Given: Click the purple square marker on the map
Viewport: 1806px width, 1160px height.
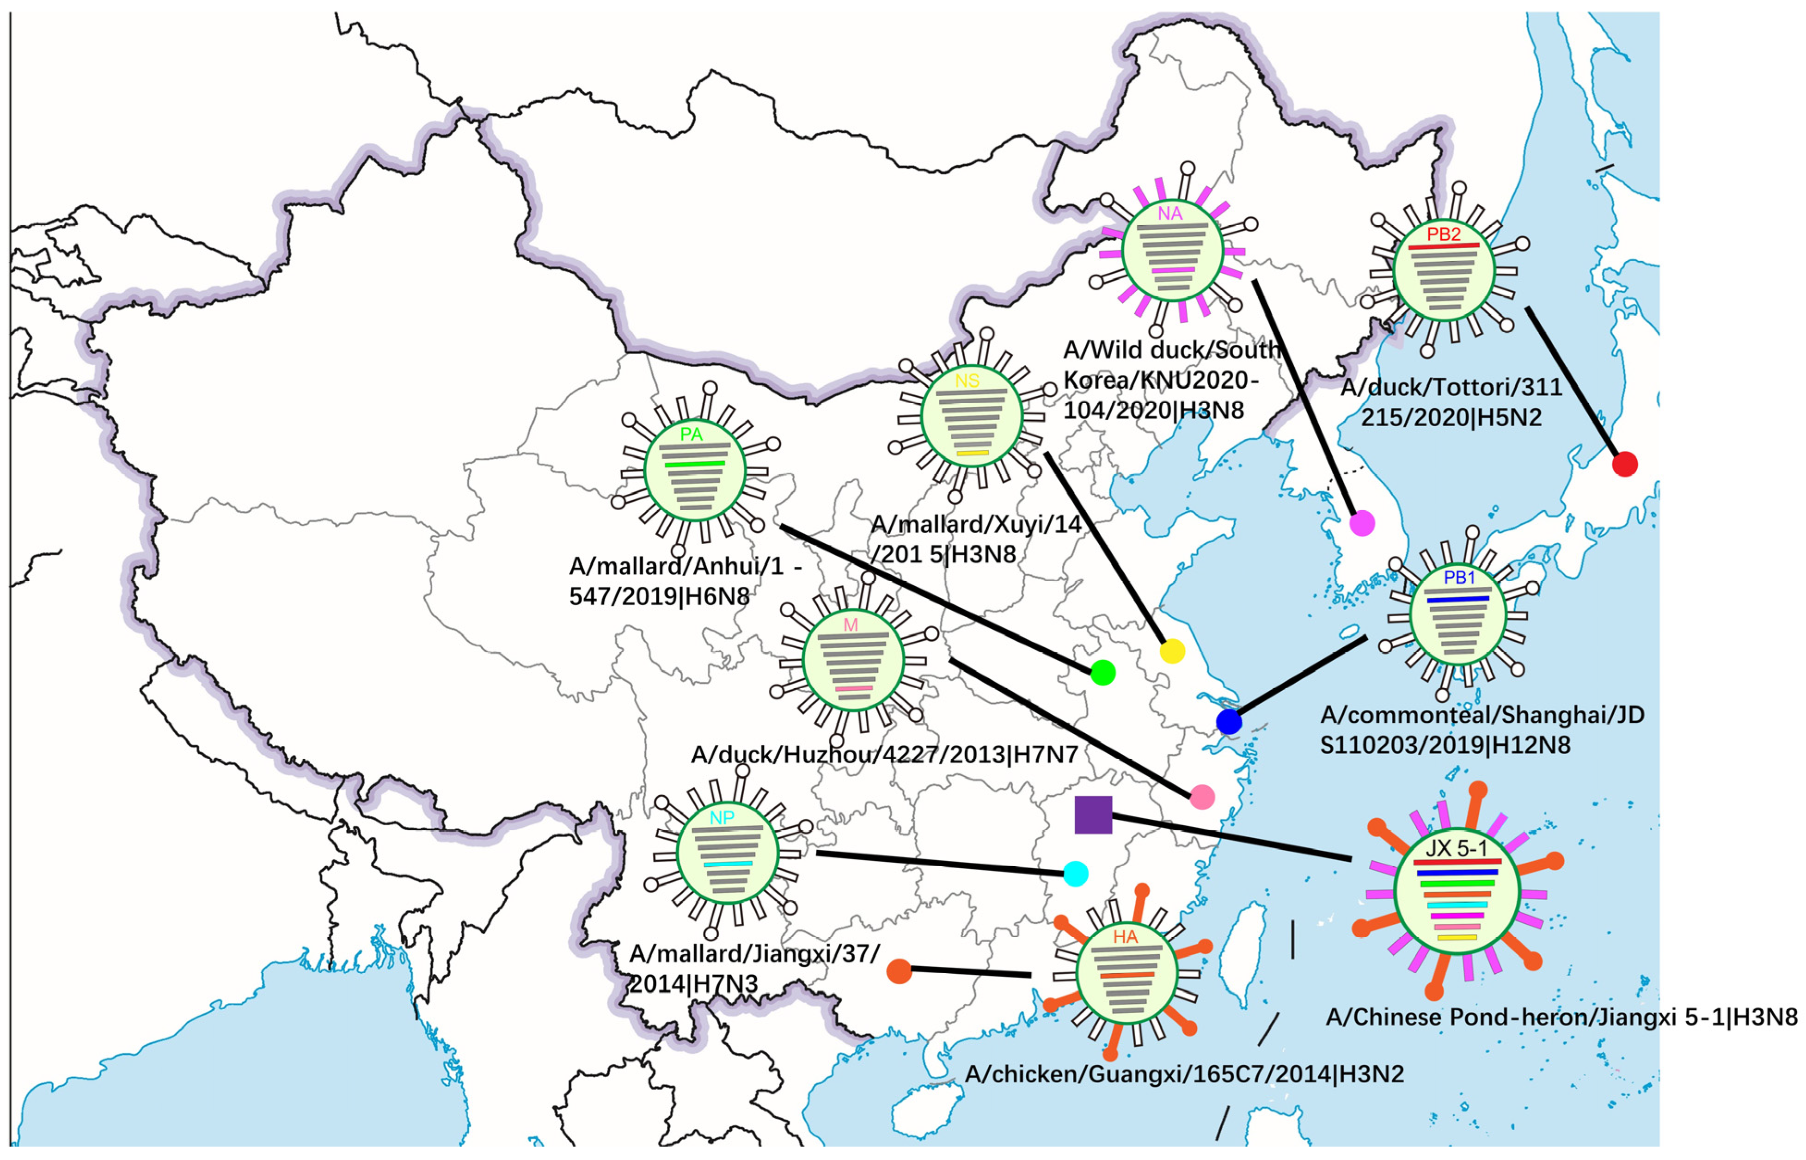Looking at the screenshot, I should click(x=1093, y=815).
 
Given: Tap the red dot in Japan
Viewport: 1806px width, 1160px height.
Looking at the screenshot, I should click(x=1624, y=464).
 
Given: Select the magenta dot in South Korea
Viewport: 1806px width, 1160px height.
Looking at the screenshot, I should click(x=1362, y=523).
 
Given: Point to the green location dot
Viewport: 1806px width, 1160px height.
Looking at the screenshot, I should click(x=1102, y=673).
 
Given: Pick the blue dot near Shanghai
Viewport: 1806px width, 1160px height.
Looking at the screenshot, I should click(x=1229, y=722).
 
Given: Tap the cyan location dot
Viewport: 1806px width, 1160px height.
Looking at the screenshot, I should click(x=1076, y=874).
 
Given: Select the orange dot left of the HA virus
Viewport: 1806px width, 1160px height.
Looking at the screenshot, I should click(x=899, y=972).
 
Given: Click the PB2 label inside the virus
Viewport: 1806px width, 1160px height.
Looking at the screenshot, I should click(x=1444, y=234).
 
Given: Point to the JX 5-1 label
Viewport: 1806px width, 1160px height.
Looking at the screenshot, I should click(x=1457, y=849).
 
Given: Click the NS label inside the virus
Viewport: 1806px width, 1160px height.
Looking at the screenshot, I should click(x=968, y=381).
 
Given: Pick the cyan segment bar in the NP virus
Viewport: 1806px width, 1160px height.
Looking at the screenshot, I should click(x=728, y=864).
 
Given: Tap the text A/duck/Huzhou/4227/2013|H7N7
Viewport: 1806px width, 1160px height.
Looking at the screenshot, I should click(x=884, y=755).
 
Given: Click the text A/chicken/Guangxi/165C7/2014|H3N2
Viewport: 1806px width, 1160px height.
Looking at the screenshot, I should click(x=1184, y=1074).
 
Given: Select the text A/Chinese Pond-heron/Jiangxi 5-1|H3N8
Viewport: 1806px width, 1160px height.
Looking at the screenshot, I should click(x=1561, y=1018).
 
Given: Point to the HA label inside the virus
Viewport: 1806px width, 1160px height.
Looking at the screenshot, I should click(x=1125, y=937).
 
